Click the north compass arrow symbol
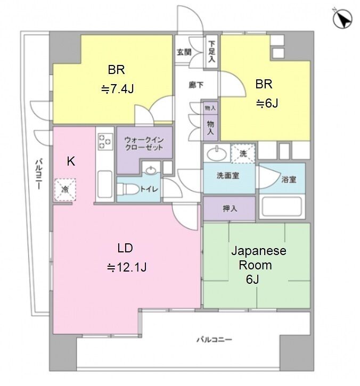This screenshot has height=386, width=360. coord(342,19)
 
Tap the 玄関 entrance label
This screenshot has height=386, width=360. coord(184,52)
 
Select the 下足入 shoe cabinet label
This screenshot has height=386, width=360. coord(211,52)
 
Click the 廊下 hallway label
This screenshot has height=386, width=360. coord(196,85)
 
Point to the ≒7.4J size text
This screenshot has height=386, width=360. coord(117,88)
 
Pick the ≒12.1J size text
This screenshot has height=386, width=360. coord(127,267)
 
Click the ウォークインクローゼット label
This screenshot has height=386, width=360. coord(144,144)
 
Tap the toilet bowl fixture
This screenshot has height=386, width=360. coord(127,189)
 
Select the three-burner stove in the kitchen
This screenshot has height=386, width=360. coord(105,142)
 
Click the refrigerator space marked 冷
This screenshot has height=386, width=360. coord(65,190)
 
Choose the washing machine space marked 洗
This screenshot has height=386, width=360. coord(243,154)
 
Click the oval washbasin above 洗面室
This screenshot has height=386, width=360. coord(217,154)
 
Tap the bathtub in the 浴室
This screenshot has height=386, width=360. coord(282,206)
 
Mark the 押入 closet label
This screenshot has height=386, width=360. coord(230,209)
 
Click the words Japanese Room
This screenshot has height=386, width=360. coord(258,258)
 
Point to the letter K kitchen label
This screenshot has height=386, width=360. coord(71,161)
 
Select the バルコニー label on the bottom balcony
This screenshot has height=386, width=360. coord(214,340)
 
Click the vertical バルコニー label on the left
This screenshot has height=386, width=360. coord(39,175)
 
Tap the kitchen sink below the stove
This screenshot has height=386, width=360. coord(105,184)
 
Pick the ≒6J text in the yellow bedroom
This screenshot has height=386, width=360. coord(267,103)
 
